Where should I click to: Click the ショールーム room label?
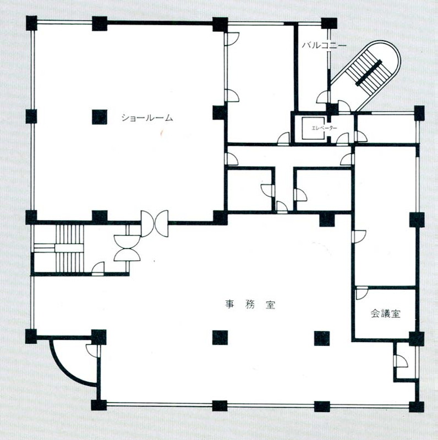tap(147, 118)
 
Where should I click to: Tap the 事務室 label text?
tap(250, 305)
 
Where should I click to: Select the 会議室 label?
tap(386, 313)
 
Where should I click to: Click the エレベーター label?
tap(324, 128)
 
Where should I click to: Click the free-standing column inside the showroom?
tap(100, 117)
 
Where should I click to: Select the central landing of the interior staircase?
tap(69, 248)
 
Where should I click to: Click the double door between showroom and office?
tap(155, 224)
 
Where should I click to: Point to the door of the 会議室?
tap(362, 293)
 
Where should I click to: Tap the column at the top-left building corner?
tap(31, 23)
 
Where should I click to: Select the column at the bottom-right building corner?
tap(417, 406)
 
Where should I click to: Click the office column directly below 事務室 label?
tap(220, 338)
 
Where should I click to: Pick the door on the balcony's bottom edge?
tap(322, 97)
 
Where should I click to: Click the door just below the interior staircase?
tap(98, 268)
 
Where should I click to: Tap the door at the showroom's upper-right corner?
tap(232, 38)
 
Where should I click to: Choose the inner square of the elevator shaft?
tap(313, 128)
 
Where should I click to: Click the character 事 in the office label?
tap(229, 305)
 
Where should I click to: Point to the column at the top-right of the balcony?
tap(329, 23)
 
